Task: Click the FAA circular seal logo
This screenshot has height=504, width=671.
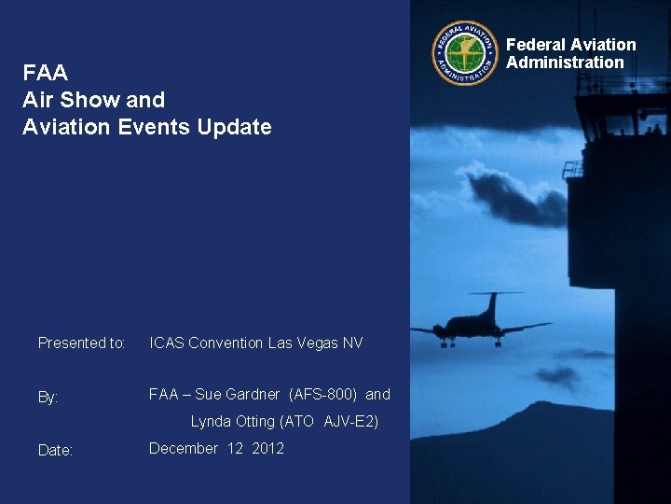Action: [x=465, y=53]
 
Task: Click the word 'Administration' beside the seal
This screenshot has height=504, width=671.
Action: [x=565, y=63]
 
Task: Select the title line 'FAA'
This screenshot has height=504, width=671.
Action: [x=45, y=73]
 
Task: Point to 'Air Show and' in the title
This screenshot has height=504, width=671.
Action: [x=93, y=100]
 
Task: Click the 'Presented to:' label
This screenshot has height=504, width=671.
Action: [x=82, y=343]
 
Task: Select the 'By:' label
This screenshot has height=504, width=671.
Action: [x=48, y=398]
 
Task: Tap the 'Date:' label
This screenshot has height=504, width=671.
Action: [x=55, y=450]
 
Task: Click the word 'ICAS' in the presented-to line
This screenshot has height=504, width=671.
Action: [x=167, y=343]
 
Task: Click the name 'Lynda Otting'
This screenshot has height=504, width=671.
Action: [x=233, y=422]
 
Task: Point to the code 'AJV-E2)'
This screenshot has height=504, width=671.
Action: [x=351, y=422]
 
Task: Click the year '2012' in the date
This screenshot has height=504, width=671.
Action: [x=268, y=448]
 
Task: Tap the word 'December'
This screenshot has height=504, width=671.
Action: [x=184, y=448]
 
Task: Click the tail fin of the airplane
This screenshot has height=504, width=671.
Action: [x=491, y=304]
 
